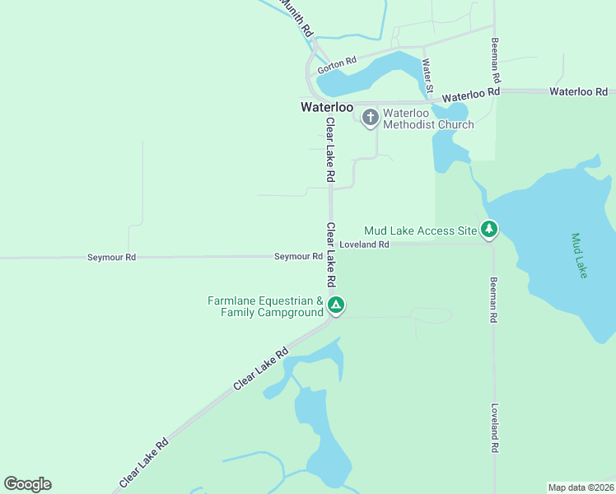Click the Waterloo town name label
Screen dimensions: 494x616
click(x=327, y=108)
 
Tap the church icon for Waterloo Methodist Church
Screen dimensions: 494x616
click(x=370, y=118)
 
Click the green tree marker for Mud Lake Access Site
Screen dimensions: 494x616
click(x=489, y=230)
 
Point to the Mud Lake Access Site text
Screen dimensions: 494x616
click(x=420, y=231)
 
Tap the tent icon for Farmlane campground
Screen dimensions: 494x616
click(x=336, y=305)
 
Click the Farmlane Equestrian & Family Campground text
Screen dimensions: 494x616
click(x=265, y=306)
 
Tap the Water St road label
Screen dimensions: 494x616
click(x=427, y=75)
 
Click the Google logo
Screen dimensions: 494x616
click(x=27, y=484)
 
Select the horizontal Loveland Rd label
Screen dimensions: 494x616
click(x=364, y=245)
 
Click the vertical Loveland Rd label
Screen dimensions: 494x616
click(x=495, y=427)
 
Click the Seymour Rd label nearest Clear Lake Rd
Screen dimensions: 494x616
click(x=298, y=257)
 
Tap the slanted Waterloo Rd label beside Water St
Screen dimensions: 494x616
click(x=471, y=95)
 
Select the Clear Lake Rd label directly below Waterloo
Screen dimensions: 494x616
click(x=330, y=150)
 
